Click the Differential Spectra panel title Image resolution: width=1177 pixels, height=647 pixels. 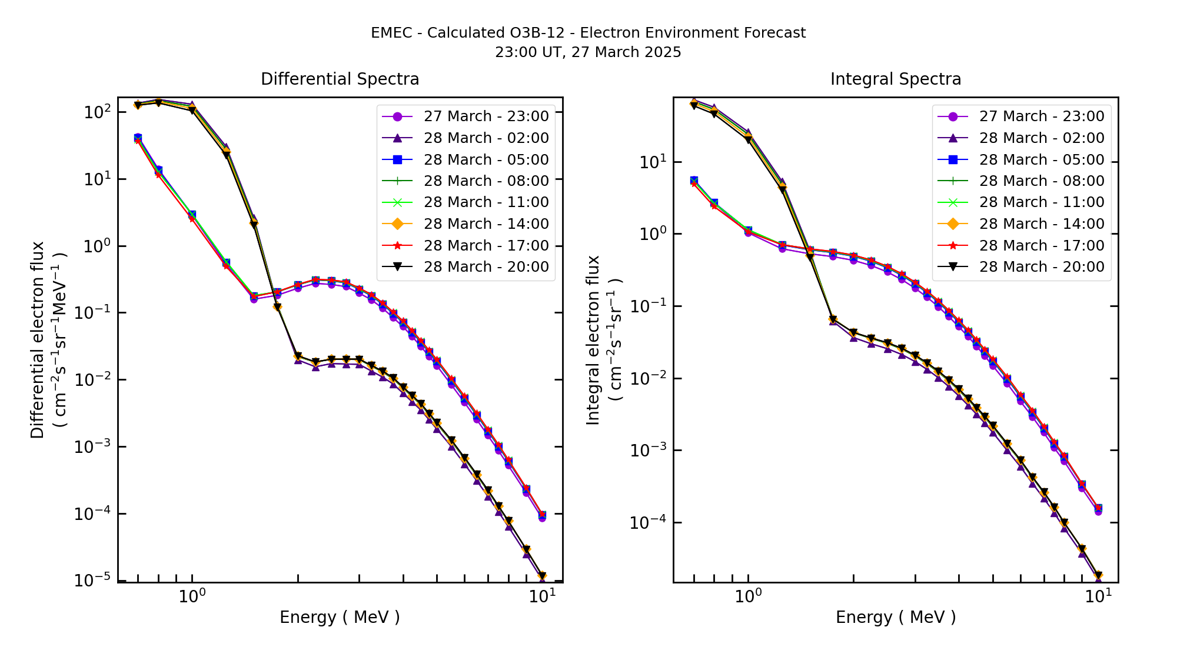point(340,79)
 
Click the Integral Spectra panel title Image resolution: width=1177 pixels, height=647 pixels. point(895,79)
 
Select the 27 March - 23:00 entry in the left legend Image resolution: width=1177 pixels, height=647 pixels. point(486,116)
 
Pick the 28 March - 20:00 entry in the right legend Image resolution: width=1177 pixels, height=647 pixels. point(1042,267)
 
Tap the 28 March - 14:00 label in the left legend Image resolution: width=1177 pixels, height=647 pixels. point(486,224)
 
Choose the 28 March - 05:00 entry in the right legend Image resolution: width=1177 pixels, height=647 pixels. point(1042,160)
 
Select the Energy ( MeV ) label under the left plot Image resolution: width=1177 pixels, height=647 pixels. point(340,618)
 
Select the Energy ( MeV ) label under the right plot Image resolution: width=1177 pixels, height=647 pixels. point(895,618)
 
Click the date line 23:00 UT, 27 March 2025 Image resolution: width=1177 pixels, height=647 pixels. point(588,52)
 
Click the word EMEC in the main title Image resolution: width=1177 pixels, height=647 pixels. point(391,33)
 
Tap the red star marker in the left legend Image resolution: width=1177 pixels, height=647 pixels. point(397,246)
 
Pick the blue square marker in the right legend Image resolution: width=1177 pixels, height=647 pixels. point(953,160)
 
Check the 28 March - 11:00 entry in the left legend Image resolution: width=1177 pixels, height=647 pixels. point(486,202)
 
